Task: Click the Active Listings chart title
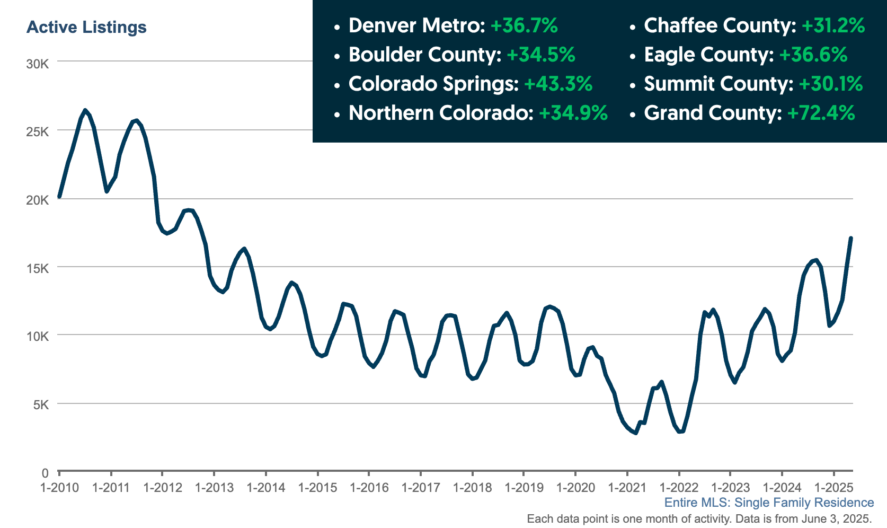tap(86, 28)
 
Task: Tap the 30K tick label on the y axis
tap(38, 64)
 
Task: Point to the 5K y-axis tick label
tap(41, 404)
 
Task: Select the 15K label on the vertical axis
tap(38, 269)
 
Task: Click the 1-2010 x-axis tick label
tap(60, 487)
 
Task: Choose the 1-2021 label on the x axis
tap(627, 487)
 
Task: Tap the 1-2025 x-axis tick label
tap(833, 487)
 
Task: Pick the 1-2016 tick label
tap(369, 487)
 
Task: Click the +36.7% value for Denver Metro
tap(524, 25)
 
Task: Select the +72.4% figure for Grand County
tap(821, 113)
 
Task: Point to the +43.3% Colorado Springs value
tap(558, 84)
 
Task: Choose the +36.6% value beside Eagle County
tap(813, 55)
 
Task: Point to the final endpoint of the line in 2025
tap(850, 238)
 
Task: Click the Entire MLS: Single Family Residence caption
tap(769, 503)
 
